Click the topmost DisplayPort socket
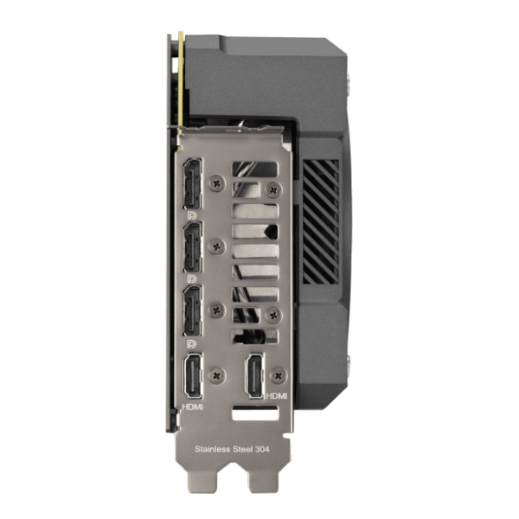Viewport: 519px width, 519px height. (192, 184)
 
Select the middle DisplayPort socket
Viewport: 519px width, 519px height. (192, 247)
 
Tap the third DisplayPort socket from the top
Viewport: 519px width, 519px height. (192, 311)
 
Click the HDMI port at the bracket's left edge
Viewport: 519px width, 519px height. (193, 376)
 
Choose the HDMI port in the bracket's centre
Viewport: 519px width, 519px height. (255, 376)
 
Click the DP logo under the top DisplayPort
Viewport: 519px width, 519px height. (192, 215)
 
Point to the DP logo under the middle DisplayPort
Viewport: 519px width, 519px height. (192, 279)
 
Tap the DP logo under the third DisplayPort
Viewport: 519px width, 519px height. (192, 344)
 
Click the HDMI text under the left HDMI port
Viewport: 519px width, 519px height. (193, 407)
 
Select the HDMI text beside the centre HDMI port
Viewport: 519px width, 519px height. (277, 395)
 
